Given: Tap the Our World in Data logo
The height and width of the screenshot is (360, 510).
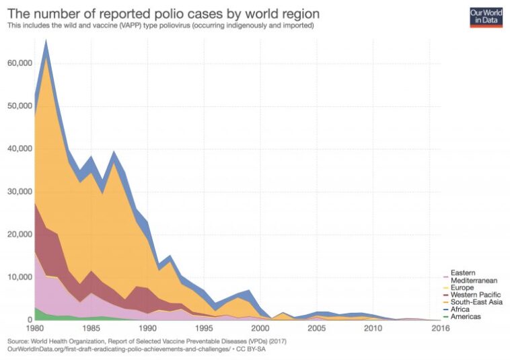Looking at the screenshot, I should coord(486,17).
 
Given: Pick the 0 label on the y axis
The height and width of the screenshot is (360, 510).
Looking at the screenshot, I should coord(29,320).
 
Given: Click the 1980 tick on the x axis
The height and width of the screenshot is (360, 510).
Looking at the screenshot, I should coord(35,328).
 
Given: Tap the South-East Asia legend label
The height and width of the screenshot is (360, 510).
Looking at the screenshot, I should coord(476,303).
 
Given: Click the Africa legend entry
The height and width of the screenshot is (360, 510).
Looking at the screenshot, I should coord(460,310).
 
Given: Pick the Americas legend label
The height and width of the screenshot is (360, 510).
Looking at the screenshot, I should coord(466,317).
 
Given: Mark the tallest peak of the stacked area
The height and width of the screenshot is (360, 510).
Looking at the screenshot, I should coord(46,41).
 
